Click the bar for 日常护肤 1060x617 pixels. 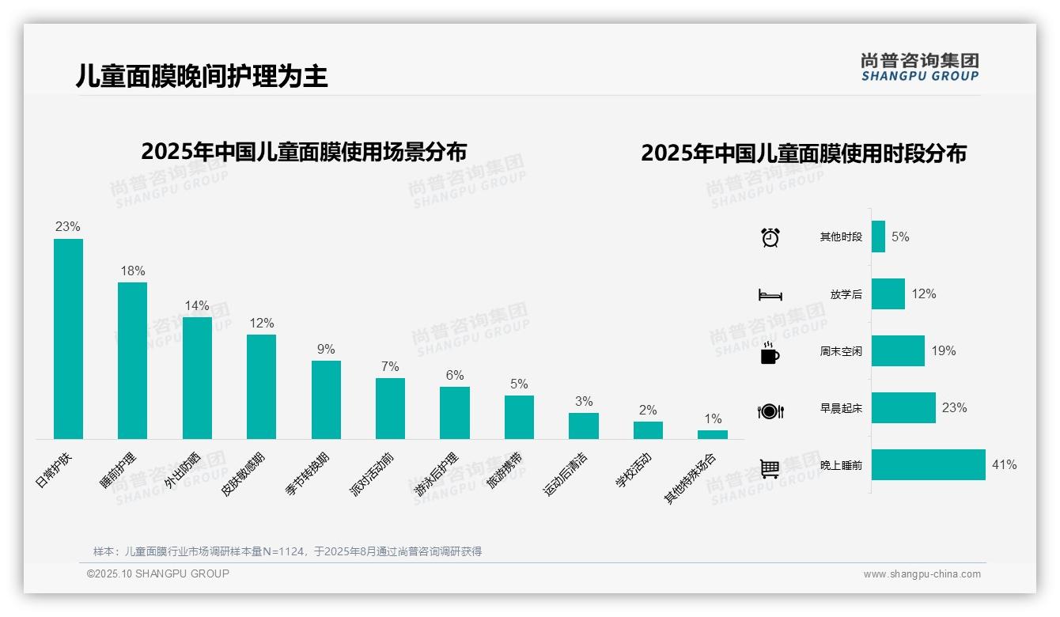tap(68, 339)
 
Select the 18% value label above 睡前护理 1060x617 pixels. tap(133, 271)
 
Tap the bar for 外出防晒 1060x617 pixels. tap(197, 377)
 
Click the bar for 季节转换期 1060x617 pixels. tap(326, 399)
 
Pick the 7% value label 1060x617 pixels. tap(390, 366)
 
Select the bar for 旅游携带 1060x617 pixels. tap(519, 417)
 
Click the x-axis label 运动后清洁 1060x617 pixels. tap(566, 474)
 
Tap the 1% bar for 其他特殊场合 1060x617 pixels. tap(712, 434)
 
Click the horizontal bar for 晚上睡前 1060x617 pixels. tap(928, 465)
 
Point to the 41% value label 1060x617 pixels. tap(1004, 465)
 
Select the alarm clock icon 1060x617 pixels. tap(770, 237)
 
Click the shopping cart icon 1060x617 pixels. tap(770, 468)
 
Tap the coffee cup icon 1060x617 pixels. tap(770, 353)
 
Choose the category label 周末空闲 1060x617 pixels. tap(841, 351)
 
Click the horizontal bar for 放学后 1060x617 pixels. tap(888, 293)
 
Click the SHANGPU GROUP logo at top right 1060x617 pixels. tap(919, 67)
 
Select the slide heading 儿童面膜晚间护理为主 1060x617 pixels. tap(202, 76)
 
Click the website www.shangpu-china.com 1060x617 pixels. tap(922, 574)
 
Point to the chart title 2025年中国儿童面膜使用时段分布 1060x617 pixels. tap(803, 153)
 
